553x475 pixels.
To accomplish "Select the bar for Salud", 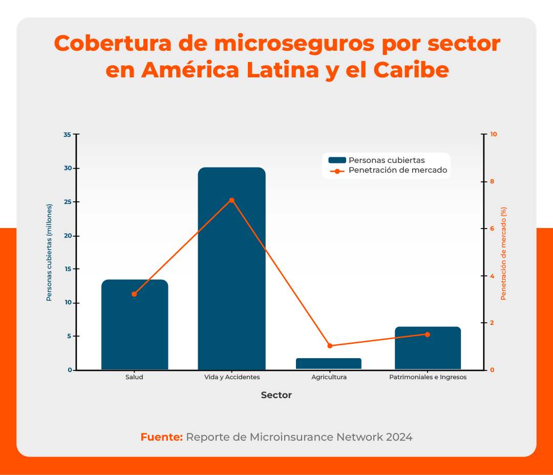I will click(x=135, y=325).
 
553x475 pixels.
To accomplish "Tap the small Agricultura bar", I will click(x=329, y=364).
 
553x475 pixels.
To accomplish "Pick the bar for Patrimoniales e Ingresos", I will click(x=428, y=348).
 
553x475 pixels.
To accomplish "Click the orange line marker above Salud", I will click(x=134, y=294).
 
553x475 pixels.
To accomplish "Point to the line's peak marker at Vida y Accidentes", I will click(x=231, y=200).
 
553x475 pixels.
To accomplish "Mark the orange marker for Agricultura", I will click(x=330, y=346).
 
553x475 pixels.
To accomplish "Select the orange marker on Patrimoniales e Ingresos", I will click(x=428, y=335).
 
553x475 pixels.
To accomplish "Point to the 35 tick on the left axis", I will click(x=67, y=135).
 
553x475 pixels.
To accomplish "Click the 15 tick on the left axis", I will click(x=67, y=269).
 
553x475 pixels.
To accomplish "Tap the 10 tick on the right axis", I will click(x=494, y=135).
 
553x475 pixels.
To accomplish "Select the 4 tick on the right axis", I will click(x=493, y=276).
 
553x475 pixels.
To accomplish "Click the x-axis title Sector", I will click(x=276, y=395).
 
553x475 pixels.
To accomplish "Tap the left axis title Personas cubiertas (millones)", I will click(x=50, y=252).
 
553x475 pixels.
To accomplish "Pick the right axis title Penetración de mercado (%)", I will click(x=503, y=253).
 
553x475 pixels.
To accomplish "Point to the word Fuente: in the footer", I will click(x=161, y=437).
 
